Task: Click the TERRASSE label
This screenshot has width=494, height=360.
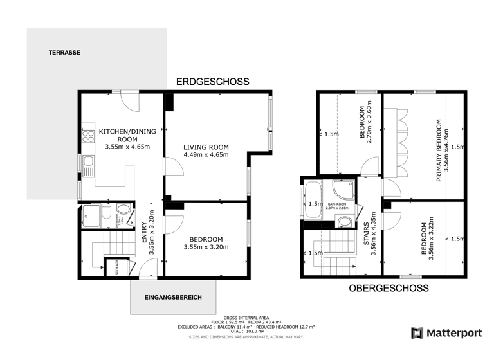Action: coord(64,53)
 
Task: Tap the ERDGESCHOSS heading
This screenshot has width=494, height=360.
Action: coord(213,82)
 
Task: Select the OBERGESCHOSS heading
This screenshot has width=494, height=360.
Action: coord(389,289)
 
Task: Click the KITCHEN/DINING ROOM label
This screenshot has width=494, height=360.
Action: coord(127,135)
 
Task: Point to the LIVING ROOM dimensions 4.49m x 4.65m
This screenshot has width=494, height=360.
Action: coord(206,154)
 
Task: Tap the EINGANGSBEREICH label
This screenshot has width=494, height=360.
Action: coord(174,298)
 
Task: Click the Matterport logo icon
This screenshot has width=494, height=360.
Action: coord(417,332)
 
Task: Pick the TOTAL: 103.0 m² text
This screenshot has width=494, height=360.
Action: coord(246,331)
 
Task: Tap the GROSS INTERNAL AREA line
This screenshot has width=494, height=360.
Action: coord(246,318)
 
